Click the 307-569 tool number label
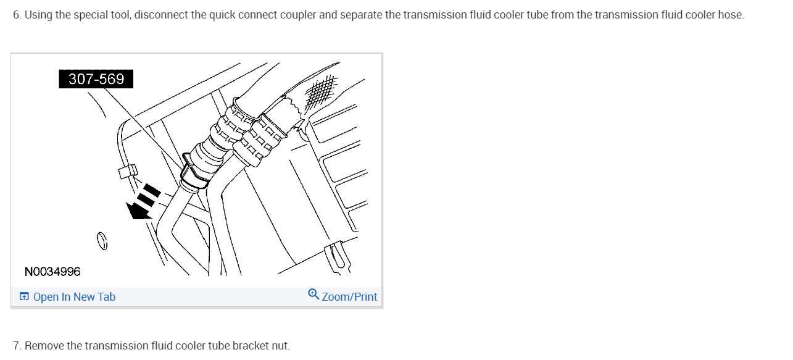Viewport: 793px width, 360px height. pos(96,79)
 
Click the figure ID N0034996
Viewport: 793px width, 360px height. pos(52,272)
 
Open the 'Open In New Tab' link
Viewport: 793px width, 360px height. pos(74,297)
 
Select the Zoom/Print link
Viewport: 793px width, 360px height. pos(349,297)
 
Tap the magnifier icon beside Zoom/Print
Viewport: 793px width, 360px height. pos(313,295)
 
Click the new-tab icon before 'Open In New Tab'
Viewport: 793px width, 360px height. pos(24,297)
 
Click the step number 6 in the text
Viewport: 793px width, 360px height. pos(16,15)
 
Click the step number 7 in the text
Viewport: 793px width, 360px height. pos(16,345)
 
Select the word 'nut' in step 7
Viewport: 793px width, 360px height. pos(280,345)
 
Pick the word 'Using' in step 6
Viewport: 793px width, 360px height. pos(38,15)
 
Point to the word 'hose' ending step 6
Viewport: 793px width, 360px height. pos(730,15)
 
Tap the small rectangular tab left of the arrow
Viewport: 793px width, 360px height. pos(127,170)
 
